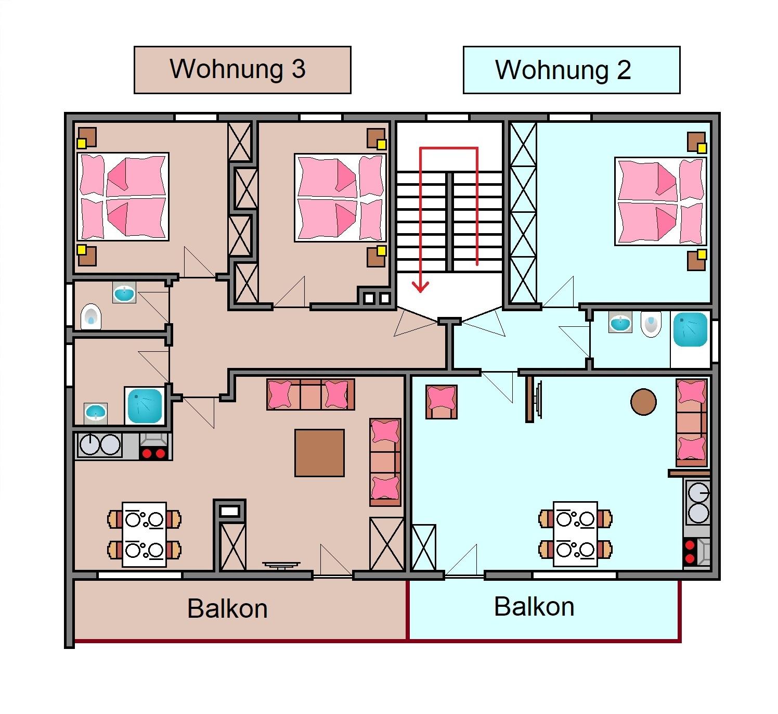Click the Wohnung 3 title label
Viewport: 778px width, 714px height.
(242, 70)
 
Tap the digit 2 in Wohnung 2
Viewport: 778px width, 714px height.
(624, 70)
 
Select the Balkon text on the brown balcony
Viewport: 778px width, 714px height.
(228, 609)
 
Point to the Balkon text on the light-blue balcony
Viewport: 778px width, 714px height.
(534, 607)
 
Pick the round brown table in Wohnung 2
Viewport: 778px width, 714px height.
(643, 402)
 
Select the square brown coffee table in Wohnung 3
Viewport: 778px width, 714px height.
(319, 453)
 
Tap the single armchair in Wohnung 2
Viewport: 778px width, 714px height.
(442, 402)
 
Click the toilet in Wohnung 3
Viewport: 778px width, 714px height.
(91, 317)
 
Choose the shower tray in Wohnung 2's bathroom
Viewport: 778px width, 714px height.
(690, 329)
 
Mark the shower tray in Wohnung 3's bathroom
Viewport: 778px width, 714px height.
(145, 406)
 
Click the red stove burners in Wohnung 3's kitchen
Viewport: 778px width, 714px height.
(153, 453)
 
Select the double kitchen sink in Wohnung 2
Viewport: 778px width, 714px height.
(698, 503)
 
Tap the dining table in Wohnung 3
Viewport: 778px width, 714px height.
(144, 534)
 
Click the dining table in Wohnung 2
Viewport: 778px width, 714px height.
(575, 534)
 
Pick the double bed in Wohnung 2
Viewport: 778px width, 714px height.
(660, 201)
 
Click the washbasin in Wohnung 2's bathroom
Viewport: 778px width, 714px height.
(620, 323)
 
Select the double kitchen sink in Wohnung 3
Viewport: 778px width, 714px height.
(100, 444)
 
